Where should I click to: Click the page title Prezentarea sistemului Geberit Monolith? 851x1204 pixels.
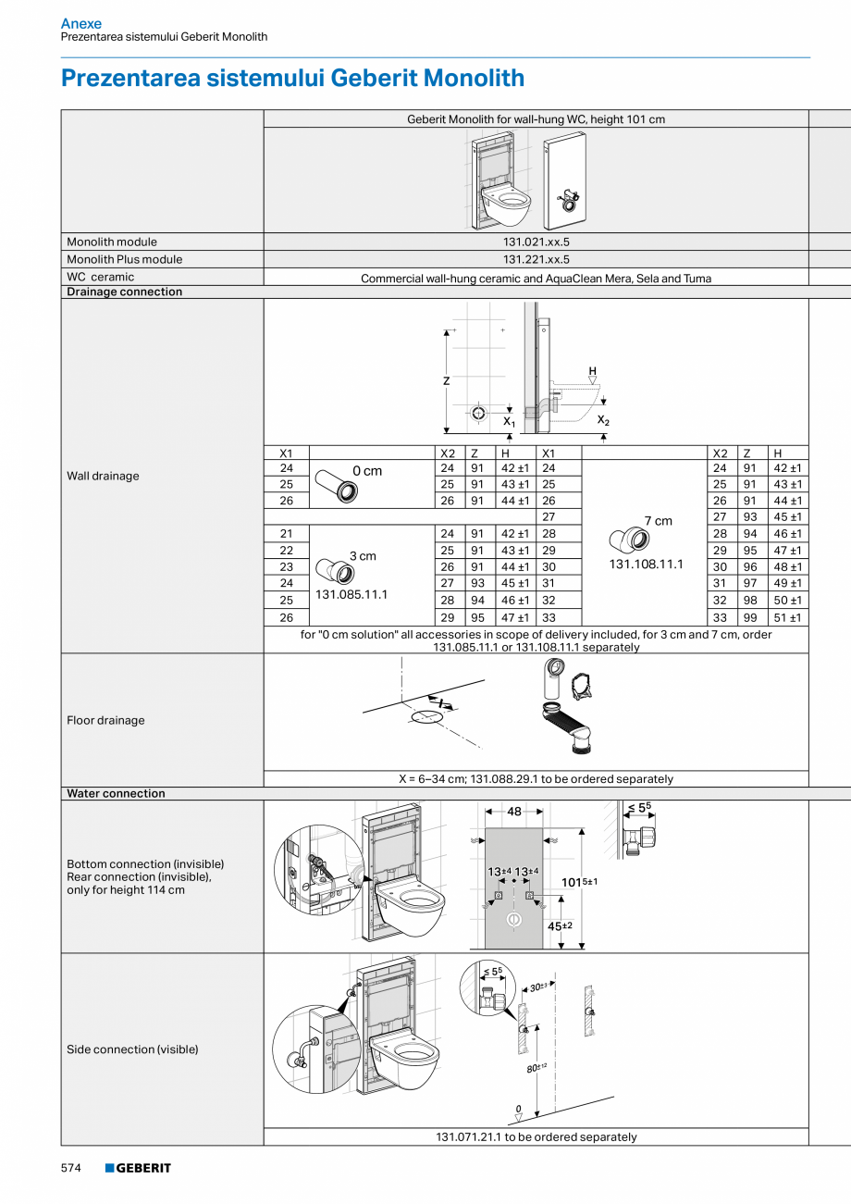292,78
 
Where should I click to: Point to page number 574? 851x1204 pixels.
71,1168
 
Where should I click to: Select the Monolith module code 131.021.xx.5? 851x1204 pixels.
536,242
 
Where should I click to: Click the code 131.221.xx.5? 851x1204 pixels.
536,259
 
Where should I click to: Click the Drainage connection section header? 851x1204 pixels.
124,292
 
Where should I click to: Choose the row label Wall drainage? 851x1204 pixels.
103,476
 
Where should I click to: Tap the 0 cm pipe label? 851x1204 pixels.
367,471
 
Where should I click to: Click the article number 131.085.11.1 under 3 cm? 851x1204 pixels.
351,594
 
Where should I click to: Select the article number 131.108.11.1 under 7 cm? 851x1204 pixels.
646,564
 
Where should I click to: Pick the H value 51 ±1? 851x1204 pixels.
787,617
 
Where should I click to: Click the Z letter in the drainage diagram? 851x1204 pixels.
446,380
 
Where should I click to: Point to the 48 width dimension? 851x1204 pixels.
513,812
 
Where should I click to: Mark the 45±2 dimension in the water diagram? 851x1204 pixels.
560,925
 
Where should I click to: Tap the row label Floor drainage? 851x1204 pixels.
105,720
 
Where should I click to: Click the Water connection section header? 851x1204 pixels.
116,793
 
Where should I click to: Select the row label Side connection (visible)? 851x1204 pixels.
132,1049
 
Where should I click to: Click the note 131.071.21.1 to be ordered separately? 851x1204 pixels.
536,1136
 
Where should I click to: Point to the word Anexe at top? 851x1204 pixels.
81,23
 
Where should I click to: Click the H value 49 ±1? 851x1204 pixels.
787,583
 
